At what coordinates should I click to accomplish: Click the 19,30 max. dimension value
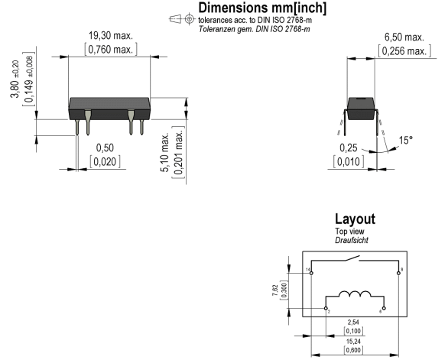tap(111, 36)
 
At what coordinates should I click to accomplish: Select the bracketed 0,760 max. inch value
tap(111, 50)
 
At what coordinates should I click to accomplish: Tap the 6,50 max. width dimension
tap(404, 37)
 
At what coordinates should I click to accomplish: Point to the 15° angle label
tap(406, 140)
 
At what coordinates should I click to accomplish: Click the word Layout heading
tap(355, 219)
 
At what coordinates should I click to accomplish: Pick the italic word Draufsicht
tap(352, 240)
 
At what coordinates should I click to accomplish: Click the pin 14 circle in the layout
tap(311, 273)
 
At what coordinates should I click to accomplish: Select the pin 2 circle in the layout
tap(326, 308)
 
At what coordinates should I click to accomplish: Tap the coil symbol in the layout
tap(355, 294)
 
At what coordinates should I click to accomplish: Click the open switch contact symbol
tap(352, 258)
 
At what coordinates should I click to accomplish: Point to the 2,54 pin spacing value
tap(353, 323)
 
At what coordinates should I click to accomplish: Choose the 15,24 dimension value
tap(353, 342)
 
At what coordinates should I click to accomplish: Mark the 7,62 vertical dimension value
tap(275, 290)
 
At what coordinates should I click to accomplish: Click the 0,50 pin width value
tap(105, 148)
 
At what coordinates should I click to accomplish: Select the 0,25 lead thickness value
tap(349, 148)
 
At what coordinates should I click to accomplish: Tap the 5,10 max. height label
tap(165, 152)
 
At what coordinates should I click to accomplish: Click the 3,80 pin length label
tap(15, 79)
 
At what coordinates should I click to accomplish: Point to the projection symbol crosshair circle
tap(189, 19)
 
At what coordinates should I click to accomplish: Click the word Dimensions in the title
tap(233, 8)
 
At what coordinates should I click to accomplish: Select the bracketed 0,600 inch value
tap(353, 350)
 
